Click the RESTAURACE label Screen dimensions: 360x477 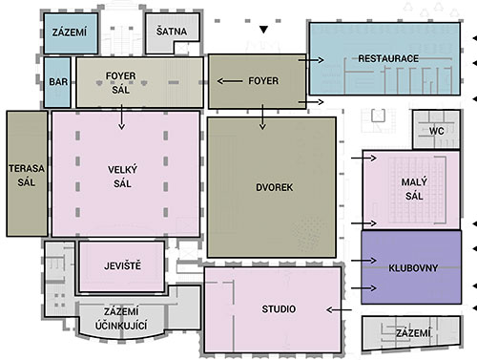tap(388, 59)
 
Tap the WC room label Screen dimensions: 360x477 tap(437, 130)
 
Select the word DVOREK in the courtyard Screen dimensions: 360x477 tap(273, 187)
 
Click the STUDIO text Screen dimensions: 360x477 tap(279, 309)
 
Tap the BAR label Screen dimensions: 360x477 tap(57, 82)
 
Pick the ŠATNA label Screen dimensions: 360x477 tap(174, 32)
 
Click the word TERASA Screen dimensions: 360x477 tap(26, 167)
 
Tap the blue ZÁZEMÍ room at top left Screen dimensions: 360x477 tap(70, 32)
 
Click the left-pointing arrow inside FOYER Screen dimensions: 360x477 tap(230, 81)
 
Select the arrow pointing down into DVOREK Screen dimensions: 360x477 tap(262, 116)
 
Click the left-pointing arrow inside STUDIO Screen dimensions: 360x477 tap(334, 309)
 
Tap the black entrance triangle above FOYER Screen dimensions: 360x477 tap(264, 31)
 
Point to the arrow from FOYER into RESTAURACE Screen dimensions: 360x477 tap(313, 59)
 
